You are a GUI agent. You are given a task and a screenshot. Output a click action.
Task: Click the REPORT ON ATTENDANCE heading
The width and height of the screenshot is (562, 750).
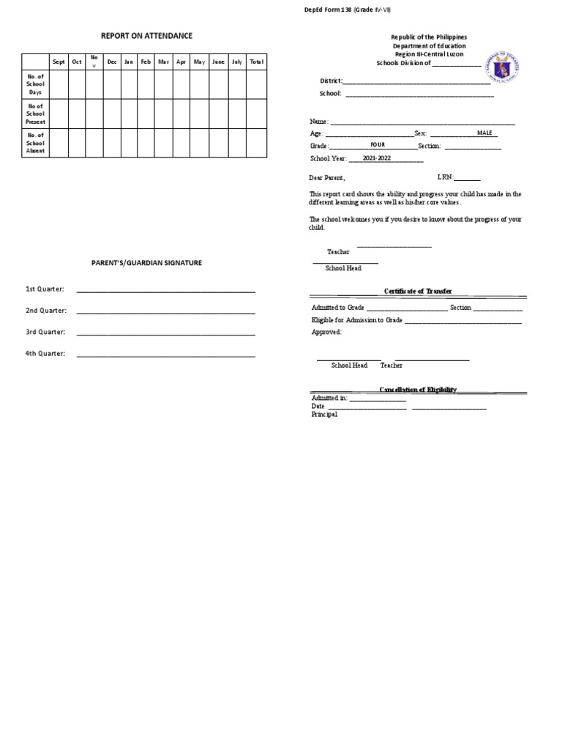146,36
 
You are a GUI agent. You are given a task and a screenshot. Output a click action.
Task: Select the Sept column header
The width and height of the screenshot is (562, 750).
59,62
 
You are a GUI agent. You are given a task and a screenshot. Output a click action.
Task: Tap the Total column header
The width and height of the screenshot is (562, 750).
256,62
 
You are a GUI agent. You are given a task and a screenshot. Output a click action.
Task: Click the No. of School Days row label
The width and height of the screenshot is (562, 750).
36,84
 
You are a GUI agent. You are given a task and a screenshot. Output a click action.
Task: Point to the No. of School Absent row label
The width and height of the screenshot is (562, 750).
36,143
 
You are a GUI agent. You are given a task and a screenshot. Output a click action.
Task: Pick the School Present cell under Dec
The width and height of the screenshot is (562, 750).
111,114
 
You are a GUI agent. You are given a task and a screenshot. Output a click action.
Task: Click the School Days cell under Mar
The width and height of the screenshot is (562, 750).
163,84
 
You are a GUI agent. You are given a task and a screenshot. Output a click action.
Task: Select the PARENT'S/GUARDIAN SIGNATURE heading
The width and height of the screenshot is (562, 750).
146,263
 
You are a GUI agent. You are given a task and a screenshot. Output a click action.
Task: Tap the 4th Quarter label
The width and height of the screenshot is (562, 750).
45,354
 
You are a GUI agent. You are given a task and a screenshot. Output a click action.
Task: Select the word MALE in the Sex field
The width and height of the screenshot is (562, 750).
485,133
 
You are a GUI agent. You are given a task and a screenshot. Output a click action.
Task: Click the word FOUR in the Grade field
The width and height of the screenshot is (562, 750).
378,145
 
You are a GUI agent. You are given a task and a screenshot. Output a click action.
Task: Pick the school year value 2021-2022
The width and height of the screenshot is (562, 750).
378,157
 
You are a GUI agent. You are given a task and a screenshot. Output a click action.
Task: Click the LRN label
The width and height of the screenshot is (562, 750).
446,177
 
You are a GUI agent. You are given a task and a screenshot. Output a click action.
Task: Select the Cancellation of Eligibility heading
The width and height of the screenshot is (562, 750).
418,390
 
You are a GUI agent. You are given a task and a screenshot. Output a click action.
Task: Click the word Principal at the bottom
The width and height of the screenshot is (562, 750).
324,415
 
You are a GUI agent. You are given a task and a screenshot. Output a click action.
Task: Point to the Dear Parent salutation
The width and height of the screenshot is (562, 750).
326,178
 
